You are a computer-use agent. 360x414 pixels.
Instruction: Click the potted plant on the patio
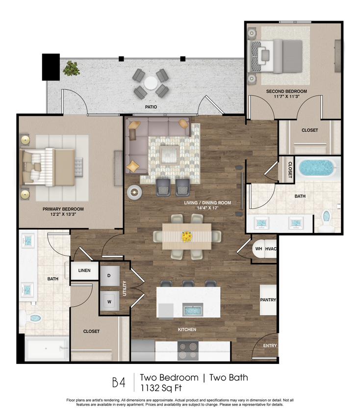pos(72,68)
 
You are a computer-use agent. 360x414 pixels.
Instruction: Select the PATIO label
pos(151,106)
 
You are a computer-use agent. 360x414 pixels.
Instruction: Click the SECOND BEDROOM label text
pos(286,92)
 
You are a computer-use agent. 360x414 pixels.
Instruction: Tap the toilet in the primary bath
pos(33,318)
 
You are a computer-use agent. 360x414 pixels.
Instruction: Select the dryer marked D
pos(109,276)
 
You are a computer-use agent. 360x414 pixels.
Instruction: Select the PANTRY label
pos(268,300)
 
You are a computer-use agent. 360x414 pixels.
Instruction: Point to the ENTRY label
pos(270,346)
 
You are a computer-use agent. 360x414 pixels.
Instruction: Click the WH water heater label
pos(258,249)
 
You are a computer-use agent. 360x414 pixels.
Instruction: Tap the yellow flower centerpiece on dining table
pos(187,236)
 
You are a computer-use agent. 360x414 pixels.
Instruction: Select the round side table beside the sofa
pos(133,192)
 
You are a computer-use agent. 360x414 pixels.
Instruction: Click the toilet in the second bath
pos(326,219)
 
